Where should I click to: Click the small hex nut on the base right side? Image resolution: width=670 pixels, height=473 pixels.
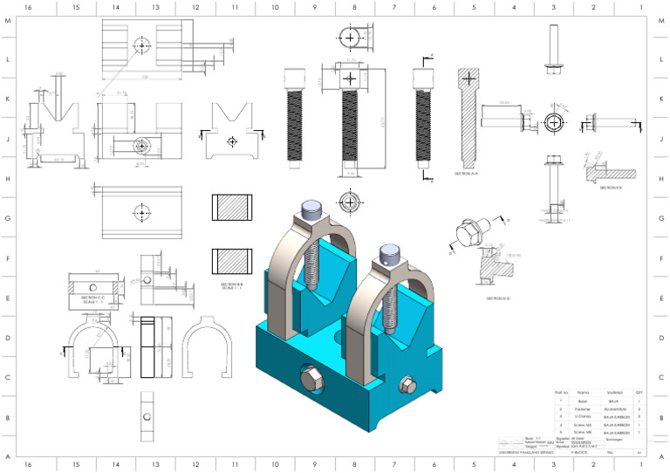(x=405, y=386)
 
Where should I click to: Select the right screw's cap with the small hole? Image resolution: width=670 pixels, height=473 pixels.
(x=387, y=253)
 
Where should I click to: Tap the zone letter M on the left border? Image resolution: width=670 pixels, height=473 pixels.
(x=8, y=21)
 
